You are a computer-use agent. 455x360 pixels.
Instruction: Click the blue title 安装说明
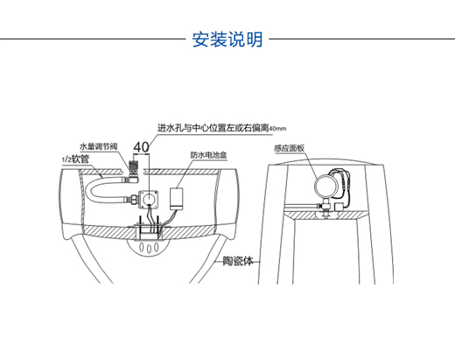tap(227, 39)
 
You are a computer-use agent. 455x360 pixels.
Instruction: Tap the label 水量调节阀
tap(99, 146)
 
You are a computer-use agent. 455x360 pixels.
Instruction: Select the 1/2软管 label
tap(76, 159)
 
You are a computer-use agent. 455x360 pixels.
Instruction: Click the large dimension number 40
tap(141, 147)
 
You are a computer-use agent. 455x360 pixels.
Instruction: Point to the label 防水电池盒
tap(209, 155)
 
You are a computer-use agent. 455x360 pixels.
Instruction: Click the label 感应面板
tap(290, 148)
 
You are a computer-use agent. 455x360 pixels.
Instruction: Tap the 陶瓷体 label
tap(238, 261)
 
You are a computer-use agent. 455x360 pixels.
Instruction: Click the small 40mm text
tap(277, 129)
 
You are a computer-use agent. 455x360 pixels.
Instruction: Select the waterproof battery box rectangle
tap(177, 199)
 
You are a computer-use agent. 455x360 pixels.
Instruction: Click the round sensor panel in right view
tap(325, 186)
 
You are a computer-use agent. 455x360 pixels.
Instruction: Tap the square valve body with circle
tap(149, 200)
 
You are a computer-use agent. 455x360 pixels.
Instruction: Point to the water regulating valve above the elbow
tap(134, 166)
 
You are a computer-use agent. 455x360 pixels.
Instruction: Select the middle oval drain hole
tap(149, 248)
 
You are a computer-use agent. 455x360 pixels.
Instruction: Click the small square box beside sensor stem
tap(339, 208)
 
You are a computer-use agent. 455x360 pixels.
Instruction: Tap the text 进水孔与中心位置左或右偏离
tap(213, 128)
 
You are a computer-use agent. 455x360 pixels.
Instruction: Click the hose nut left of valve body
tap(132, 200)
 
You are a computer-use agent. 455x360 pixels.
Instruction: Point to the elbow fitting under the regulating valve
tap(133, 178)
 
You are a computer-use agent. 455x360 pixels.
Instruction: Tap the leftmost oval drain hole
tap(142, 247)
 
